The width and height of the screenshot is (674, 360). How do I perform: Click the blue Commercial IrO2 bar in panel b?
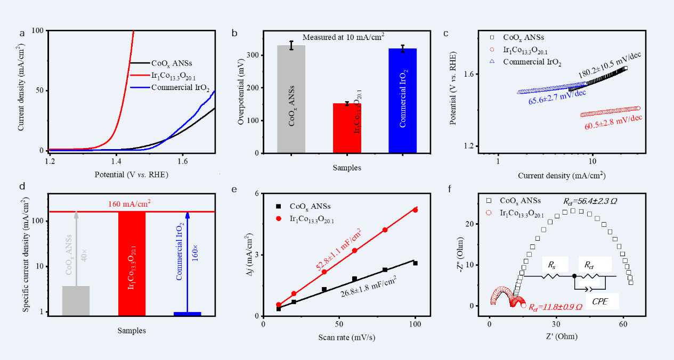pyautogui.click(x=402, y=101)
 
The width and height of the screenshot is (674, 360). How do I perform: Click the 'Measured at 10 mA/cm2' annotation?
pyautogui.click(x=343, y=37)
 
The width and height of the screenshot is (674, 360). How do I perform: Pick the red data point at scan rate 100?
pyautogui.click(x=415, y=210)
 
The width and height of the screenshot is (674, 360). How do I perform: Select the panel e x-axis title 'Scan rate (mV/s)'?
pyautogui.click(x=339, y=337)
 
